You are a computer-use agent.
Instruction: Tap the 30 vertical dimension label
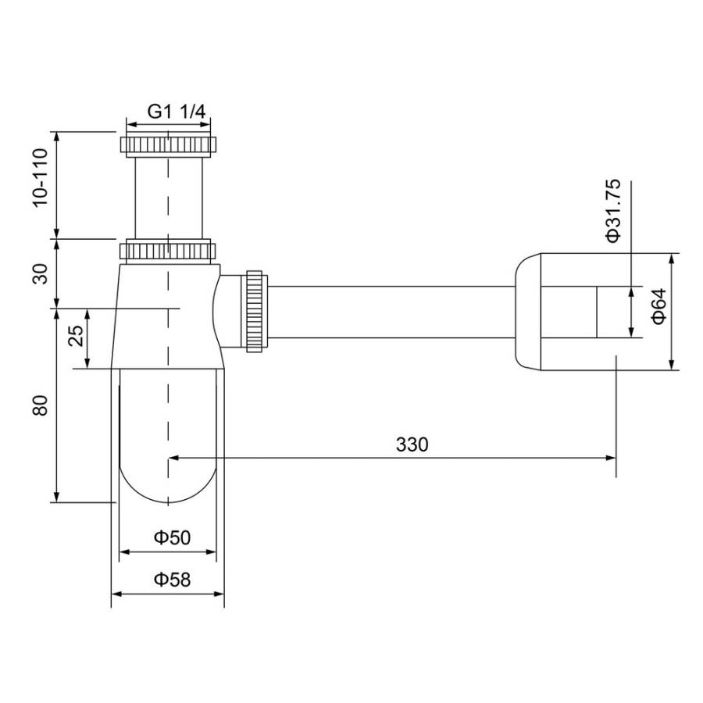click(x=41, y=273)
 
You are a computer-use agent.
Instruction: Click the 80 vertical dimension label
click(x=41, y=405)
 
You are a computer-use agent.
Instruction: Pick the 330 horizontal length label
click(x=412, y=444)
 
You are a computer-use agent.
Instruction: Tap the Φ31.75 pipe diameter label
click(x=614, y=210)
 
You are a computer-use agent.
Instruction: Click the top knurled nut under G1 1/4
click(x=168, y=145)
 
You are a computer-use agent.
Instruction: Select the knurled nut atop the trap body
click(x=168, y=251)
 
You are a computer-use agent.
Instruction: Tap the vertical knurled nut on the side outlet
click(x=256, y=312)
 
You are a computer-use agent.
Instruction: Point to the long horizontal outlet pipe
click(x=391, y=312)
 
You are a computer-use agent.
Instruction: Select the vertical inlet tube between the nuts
click(x=168, y=195)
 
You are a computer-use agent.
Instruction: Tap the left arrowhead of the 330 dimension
click(x=173, y=459)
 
